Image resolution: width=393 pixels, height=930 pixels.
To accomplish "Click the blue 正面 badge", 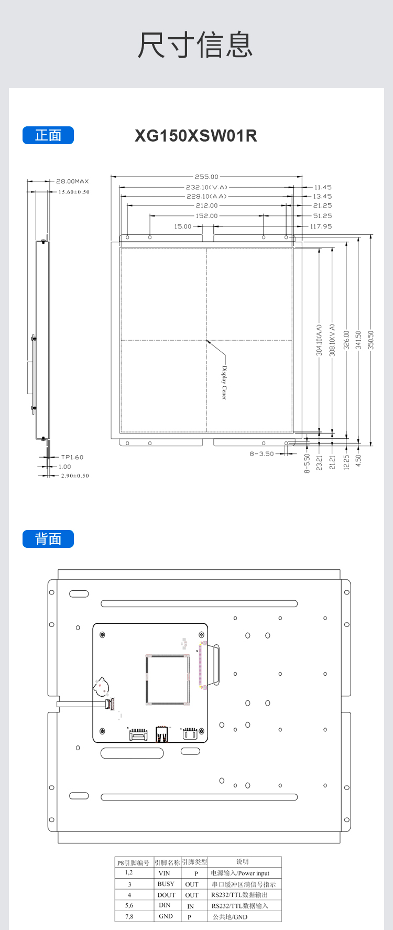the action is pyautogui.click(x=48, y=135).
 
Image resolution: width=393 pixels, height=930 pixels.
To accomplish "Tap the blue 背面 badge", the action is pyautogui.click(x=48, y=539).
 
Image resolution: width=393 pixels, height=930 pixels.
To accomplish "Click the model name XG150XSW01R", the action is pyautogui.click(x=196, y=136).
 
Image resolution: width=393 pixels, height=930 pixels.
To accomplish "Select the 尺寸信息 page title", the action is pyautogui.click(x=195, y=45).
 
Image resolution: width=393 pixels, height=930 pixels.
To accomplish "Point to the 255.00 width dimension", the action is pyautogui.click(x=206, y=177).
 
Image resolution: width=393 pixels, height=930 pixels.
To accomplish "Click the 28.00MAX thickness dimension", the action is pyautogui.click(x=72, y=181).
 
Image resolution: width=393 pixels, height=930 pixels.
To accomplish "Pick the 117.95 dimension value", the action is pyautogui.click(x=321, y=226).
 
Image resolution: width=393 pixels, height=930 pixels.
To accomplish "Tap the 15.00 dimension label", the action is pyautogui.click(x=183, y=226).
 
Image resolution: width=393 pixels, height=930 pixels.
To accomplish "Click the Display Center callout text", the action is pyautogui.click(x=224, y=383).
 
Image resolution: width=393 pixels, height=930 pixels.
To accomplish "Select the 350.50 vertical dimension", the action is pyautogui.click(x=371, y=340).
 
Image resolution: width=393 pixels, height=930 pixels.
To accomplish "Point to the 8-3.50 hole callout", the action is pyautogui.click(x=261, y=454).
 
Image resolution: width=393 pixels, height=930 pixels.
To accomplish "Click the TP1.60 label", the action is pyautogui.click(x=72, y=457).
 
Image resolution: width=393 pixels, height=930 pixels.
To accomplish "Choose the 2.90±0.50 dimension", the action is pyautogui.click(x=75, y=475).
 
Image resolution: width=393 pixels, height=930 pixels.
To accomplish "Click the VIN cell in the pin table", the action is pyautogui.click(x=165, y=873).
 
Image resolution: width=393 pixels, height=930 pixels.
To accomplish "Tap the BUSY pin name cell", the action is pyautogui.click(x=166, y=884).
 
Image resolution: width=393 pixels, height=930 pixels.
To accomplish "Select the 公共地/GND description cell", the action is pyautogui.click(x=230, y=917).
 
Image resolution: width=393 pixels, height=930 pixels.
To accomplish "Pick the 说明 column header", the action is pyautogui.click(x=243, y=861).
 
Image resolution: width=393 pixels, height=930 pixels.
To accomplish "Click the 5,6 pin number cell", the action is pyautogui.click(x=129, y=905).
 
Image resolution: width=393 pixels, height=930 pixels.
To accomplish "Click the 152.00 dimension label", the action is pyautogui.click(x=206, y=215).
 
